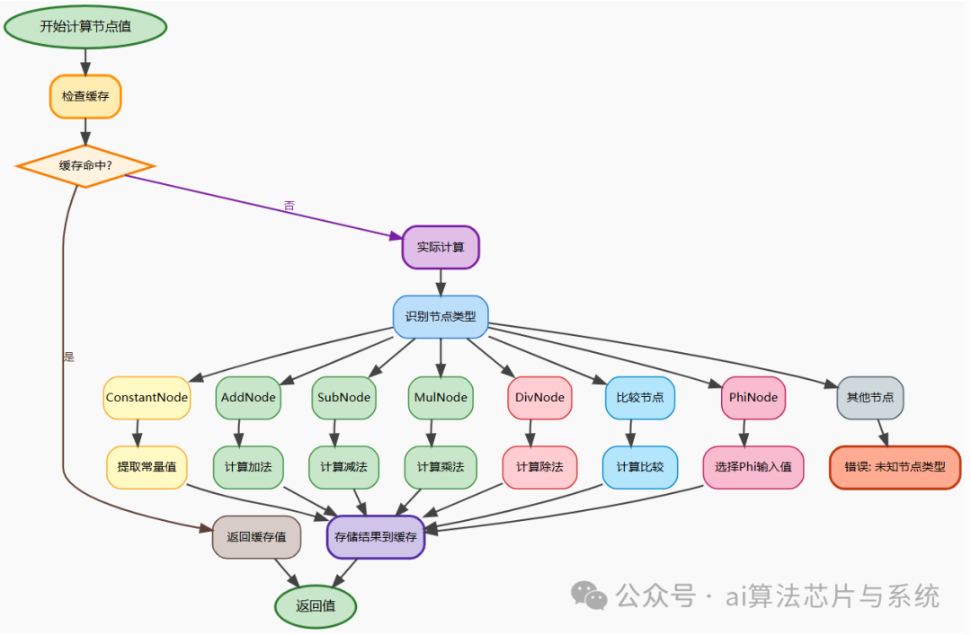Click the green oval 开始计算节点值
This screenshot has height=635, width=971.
coord(85,25)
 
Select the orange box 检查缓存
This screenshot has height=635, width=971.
coord(85,96)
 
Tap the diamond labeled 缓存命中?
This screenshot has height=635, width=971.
coord(85,166)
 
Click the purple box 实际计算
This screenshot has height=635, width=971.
coord(441,247)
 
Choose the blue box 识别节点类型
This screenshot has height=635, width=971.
coord(441,316)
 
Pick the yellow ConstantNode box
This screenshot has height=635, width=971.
coord(147,397)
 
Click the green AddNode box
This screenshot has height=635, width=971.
coord(248,397)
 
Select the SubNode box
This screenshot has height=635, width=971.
coord(344,397)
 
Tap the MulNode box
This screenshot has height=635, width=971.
coord(441,397)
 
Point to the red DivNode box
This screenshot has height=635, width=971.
coord(539,397)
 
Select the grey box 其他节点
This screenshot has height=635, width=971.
coord(869,397)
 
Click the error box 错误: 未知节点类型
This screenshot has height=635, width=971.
coord(895,467)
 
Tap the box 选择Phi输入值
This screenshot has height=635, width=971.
coord(753,467)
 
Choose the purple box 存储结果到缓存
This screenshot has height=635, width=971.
coord(376,537)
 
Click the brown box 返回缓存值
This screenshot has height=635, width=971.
coord(256,537)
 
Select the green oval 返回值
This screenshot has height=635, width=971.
coord(316,606)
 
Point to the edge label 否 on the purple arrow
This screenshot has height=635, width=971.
coord(289,207)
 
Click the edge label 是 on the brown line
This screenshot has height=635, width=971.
coord(68,357)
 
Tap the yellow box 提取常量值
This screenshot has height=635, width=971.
coord(147,467)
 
